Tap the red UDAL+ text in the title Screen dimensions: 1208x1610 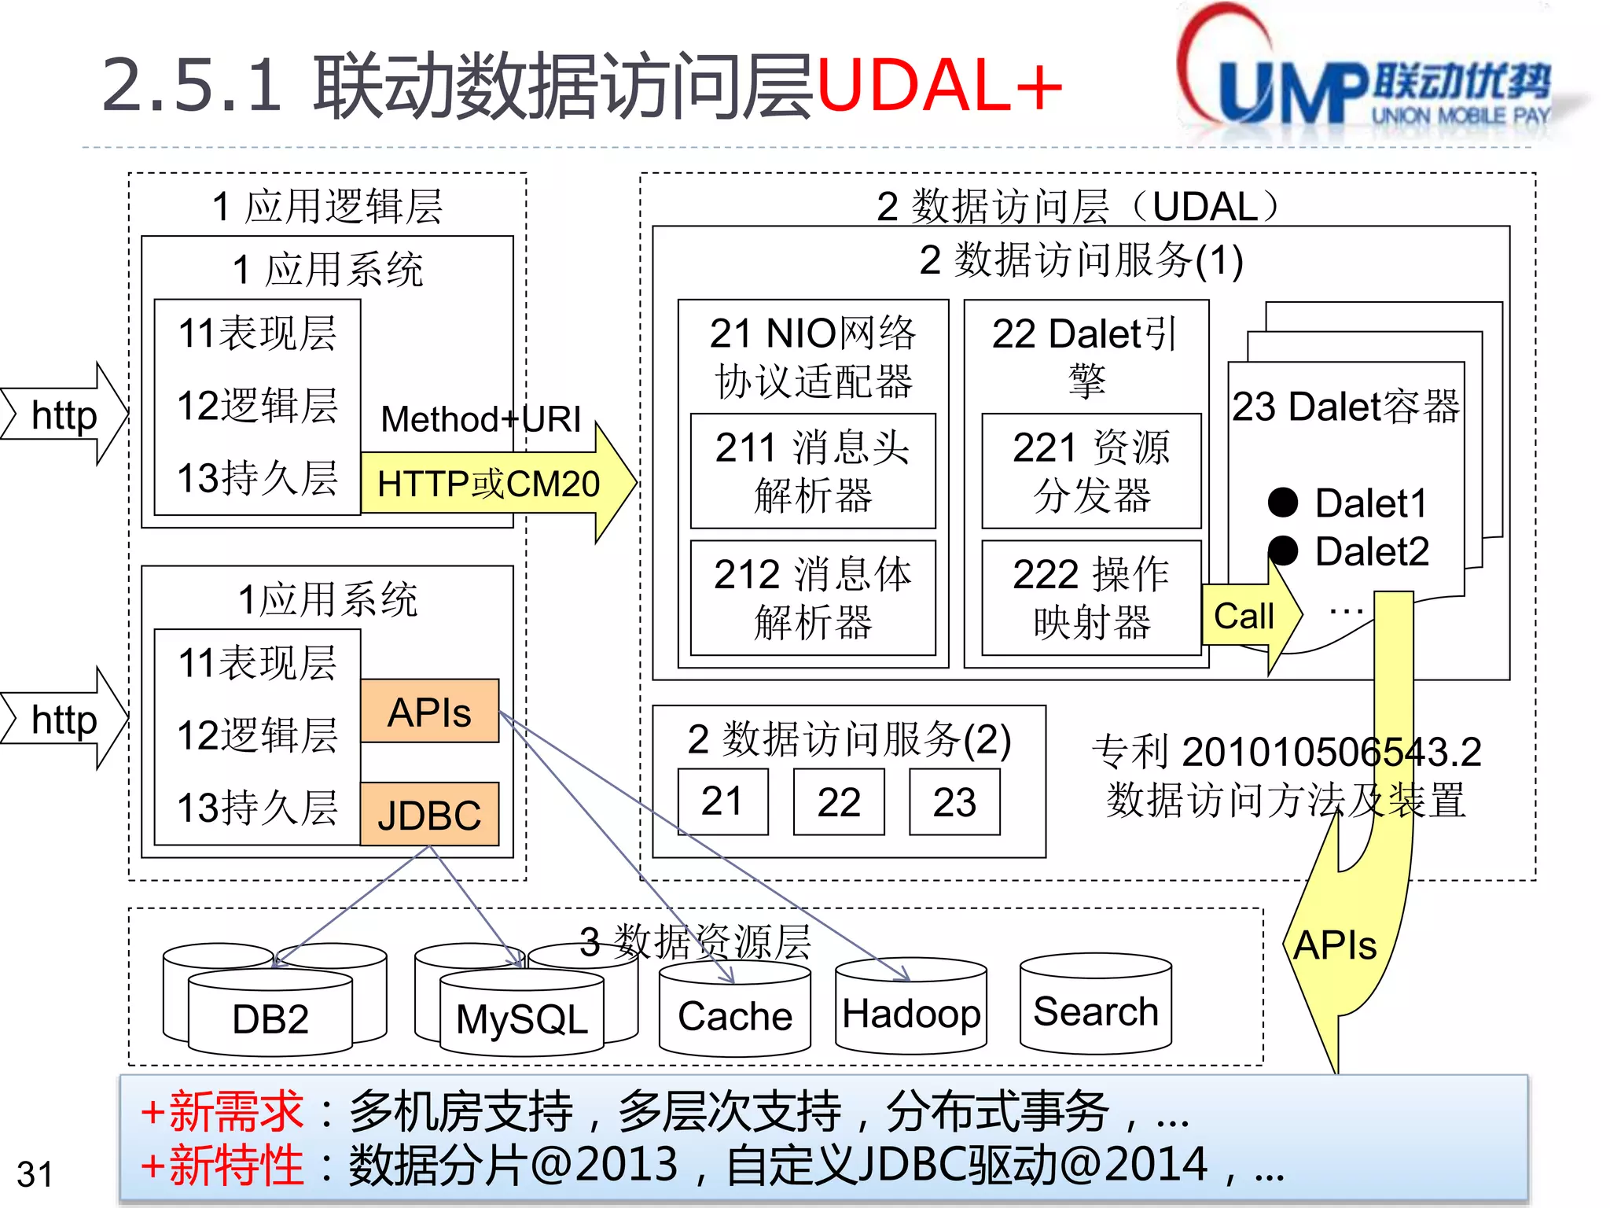[x=939, y=85]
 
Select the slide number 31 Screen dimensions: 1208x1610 [x=35, y=1174]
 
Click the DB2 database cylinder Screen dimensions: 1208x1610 [x=270, y=1015]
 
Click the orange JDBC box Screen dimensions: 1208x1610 [x=429, y=815]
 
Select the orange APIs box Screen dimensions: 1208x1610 [x=429, y=712]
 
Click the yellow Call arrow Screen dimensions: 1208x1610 [x=1246, y=615]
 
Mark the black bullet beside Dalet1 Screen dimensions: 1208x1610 [x=1283, y=503]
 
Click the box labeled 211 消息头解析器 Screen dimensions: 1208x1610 [x=813, y=471]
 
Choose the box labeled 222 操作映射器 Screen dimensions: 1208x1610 [x=1091, y=598]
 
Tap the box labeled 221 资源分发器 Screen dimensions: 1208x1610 [x=1091, y=471]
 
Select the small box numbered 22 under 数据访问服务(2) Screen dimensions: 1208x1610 [x=839, y=802]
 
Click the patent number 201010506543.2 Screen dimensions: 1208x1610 [x=1331, y=752]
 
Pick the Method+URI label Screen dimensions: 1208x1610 [x=481, y=419]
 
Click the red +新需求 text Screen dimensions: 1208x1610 [x=222, y=1111]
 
